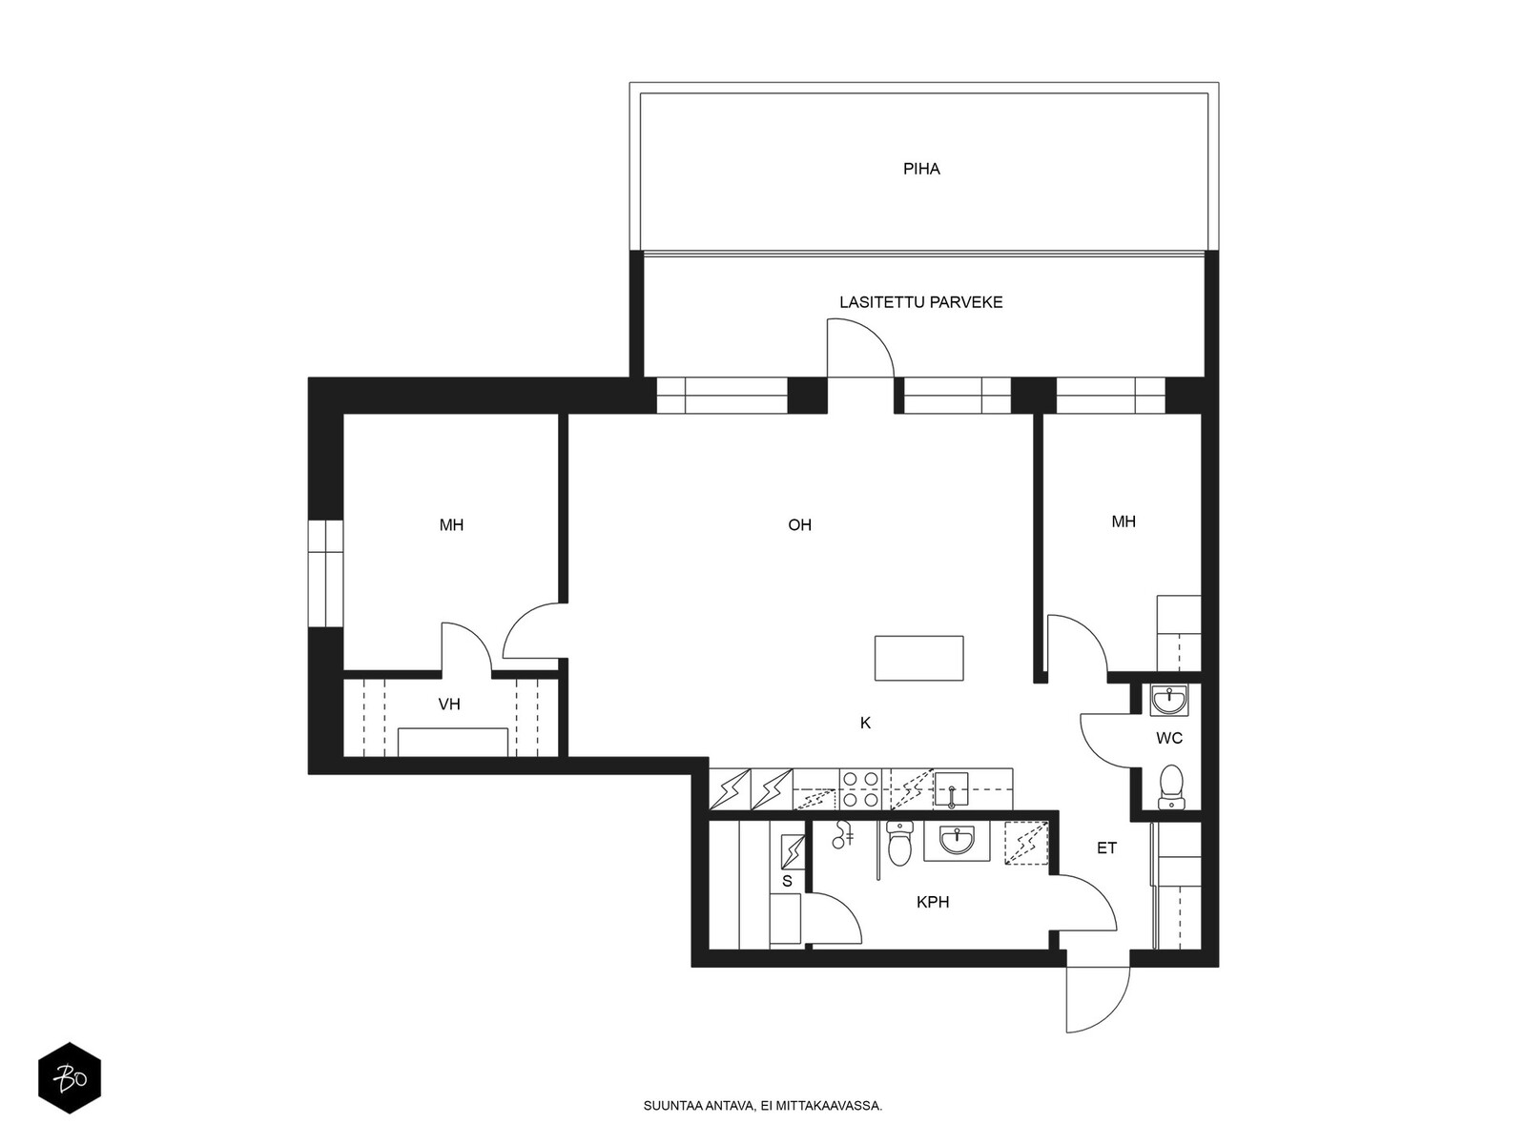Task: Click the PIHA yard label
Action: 921,169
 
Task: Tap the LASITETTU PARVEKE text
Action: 920,302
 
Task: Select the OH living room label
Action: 799,525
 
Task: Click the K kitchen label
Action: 866,723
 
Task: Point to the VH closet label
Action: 449,705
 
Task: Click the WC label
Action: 1169,738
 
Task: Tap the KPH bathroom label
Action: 932,902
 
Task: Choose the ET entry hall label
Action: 1106,848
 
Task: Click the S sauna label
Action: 787,882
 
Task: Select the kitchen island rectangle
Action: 919,658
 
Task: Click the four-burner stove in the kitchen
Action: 860,789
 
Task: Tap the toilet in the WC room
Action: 1171,787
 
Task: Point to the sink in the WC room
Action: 1169,700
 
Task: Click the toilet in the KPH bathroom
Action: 899,843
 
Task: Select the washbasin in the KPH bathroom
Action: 956,841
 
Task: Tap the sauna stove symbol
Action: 793,851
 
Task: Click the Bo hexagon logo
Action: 70,1078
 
